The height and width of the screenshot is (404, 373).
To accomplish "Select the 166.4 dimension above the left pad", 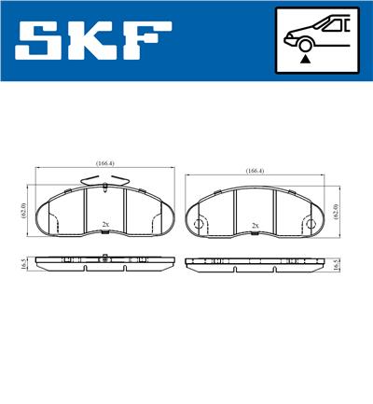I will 104,162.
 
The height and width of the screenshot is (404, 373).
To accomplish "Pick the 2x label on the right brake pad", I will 256,226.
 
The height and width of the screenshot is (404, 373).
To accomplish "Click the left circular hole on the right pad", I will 200,225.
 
